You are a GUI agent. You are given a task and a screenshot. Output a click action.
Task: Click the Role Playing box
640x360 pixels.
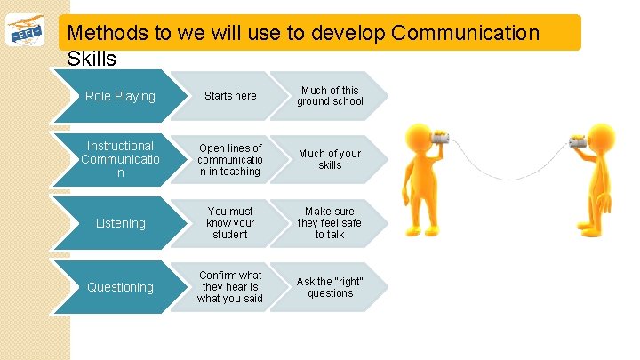point(120,96)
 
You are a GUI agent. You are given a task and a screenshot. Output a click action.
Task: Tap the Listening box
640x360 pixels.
point(120,223)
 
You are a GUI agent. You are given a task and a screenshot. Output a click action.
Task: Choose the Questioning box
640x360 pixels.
point(120,287)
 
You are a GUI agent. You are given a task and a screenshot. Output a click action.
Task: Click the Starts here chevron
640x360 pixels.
point(230,96)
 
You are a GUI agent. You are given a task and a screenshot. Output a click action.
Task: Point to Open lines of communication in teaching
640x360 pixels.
point(230,160)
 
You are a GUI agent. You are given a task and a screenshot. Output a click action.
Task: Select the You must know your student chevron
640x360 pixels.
point(230,223)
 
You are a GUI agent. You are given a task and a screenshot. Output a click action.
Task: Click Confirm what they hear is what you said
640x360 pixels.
point(230,287)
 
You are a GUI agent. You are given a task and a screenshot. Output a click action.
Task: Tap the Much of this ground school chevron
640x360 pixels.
point(330,96)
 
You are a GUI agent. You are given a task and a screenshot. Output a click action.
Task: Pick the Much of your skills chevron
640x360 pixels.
point(330,160)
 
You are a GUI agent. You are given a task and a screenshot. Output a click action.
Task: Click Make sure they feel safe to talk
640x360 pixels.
point(330,223)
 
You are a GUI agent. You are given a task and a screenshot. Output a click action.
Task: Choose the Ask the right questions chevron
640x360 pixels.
point(330,287)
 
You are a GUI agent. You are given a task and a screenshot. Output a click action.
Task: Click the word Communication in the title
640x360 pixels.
point(465,34)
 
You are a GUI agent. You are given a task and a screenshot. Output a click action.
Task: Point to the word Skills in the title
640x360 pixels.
point(92,59)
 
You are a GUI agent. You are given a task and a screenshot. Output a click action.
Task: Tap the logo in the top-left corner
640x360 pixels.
point(28,34)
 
